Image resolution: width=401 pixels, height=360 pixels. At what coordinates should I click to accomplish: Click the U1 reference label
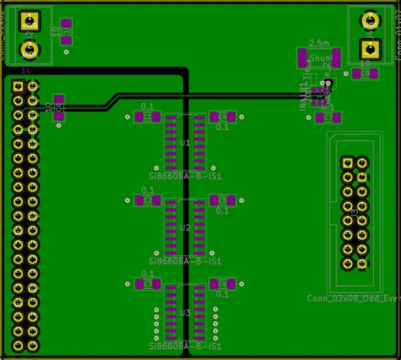(185, 144)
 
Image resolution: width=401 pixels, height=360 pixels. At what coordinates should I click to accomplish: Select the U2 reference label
(185, 227)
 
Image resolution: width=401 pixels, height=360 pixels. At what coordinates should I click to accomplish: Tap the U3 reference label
(185, 312)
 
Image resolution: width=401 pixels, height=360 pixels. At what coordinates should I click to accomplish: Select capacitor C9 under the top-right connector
(365, 74)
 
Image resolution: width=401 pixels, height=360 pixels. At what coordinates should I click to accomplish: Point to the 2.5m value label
(320, 42)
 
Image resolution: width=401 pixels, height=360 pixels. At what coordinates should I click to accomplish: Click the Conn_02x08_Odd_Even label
(352, 297)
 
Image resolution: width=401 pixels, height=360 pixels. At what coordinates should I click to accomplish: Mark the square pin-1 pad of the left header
(18, 86)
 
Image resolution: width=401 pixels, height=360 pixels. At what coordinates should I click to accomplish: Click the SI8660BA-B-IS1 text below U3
(184, 346)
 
